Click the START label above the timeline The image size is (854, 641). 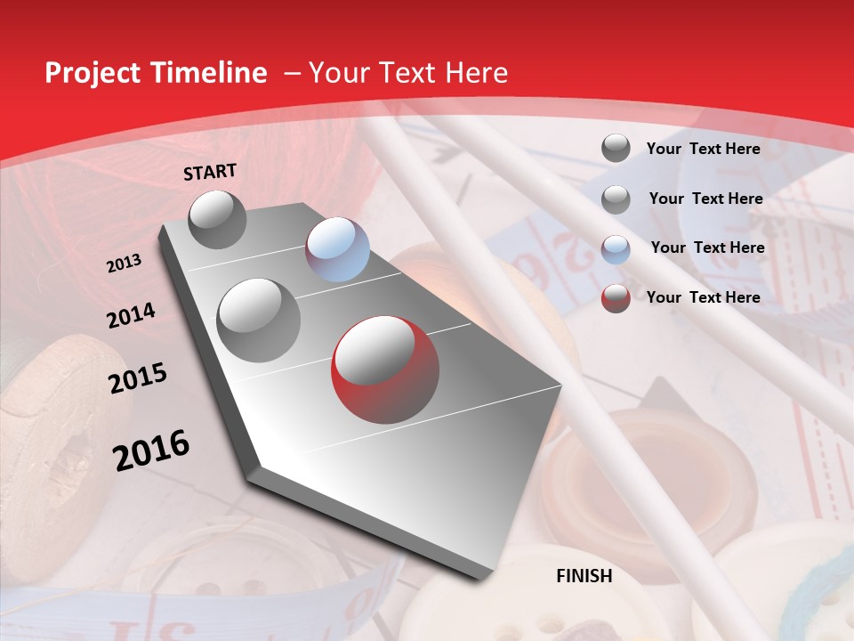click(x=210, y=172)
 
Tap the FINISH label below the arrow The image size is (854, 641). click(x=584, y=576)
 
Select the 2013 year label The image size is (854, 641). click(x=125, y=264)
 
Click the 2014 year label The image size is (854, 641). click(x=131, y=316)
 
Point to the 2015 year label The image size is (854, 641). click(x=138, y=378)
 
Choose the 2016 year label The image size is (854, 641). click(x=151, y=450)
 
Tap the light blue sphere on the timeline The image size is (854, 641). click(x=337, y=249)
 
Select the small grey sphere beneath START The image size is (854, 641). click(x=218, y=220)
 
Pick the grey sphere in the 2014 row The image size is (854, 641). click(x=259, y=320)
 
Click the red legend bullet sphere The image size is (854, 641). click(x=616, y=298)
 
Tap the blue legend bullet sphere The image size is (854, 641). click(x=616, y=249)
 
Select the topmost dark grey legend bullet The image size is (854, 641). click(x=616, y=149)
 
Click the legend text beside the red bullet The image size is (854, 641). click(x=703, y=297)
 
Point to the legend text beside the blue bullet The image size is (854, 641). click(x=707, y=247)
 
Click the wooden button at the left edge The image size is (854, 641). click(x=53, y=427)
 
